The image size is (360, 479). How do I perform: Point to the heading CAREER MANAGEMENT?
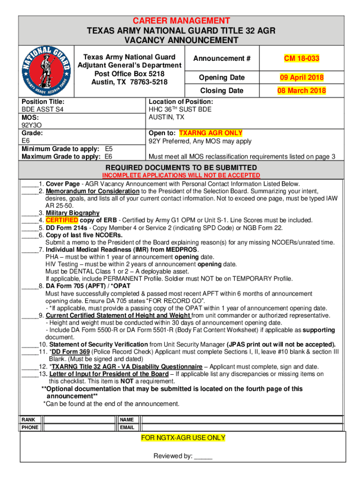pos(181,21)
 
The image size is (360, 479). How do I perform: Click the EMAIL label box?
pos(127,427)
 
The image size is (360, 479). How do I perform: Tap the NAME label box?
pos(127,420)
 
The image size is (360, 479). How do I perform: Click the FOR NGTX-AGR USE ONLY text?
pos(183,438)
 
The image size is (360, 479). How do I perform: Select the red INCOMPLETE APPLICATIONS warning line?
pos(181,175)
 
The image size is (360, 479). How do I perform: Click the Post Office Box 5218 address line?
pos(129,73)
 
